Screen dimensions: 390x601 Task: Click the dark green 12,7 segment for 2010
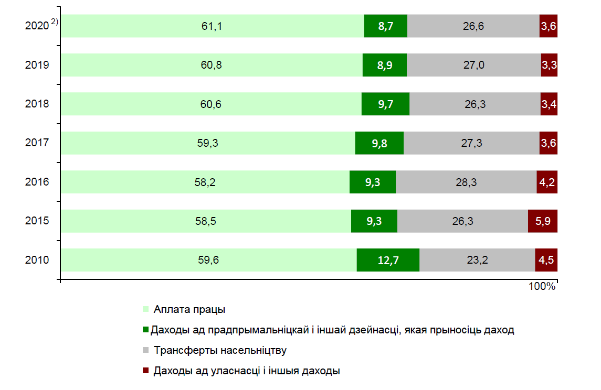tap(388, 260)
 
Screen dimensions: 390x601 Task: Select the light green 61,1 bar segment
tap(213, 26)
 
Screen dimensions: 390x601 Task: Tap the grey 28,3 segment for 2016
tap(466, 182)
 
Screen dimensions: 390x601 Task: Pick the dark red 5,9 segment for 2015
tap(542, 221)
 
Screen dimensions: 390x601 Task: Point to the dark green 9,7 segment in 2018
tap(385, 104)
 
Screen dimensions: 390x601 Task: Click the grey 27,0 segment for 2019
tap(473, 65)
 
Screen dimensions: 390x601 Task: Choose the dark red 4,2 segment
tap(547, 182)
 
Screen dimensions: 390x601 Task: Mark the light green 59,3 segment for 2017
tap(208, 143)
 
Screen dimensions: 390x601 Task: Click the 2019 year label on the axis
tap(37, 65)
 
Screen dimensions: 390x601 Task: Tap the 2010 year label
tap(37, 260)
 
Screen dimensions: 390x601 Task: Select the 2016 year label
tap(37, 182)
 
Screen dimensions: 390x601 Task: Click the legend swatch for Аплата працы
tap(145, 309)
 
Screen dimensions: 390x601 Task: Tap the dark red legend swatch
tap(145, 371)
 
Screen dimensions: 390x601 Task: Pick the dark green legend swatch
tap(145, 330)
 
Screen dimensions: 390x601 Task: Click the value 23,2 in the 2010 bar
tap(477, 260)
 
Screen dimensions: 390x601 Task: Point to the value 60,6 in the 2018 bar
tap(211, 104)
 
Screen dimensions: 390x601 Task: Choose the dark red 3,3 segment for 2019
tap(549, 65)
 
